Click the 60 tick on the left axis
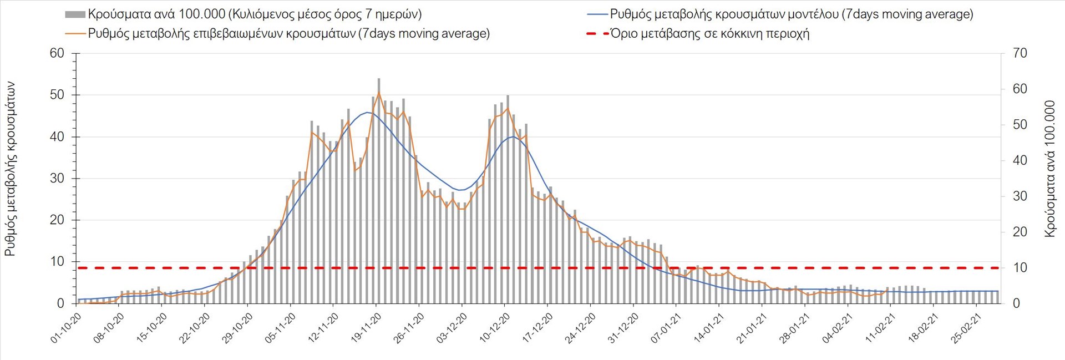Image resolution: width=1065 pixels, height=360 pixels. click(57, 53)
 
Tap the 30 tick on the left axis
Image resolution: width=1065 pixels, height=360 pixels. click(57, 179)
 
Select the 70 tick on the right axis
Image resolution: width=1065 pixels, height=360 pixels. click(1020, 53)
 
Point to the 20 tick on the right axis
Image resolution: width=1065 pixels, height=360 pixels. click(1020, 232)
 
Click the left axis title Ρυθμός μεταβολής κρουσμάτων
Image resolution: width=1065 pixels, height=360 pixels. click(10, 169)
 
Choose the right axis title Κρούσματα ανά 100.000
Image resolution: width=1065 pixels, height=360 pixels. click(1049, 169)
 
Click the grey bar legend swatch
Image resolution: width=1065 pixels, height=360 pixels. click(75, 14)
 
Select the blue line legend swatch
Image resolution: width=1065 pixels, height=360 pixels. click(597, 14)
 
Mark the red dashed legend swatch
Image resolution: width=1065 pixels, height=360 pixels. click(597, 34)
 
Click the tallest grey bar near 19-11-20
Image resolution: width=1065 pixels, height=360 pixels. click(379, 189)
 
